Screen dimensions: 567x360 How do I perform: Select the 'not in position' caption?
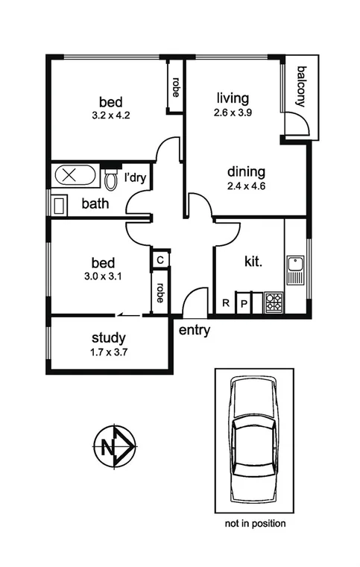(255, 524)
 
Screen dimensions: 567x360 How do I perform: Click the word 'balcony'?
(301, 87)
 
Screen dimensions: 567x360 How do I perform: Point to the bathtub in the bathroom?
(74, 177)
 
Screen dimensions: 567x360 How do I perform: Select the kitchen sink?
(296, 264)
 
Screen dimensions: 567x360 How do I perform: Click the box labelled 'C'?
(160, 259)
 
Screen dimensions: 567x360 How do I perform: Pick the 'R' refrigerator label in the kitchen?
(226, 303)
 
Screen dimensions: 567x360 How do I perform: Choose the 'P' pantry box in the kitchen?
(243, 303)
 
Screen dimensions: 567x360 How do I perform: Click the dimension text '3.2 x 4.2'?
(110, 115)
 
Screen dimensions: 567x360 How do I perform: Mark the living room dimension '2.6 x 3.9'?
(232, 113)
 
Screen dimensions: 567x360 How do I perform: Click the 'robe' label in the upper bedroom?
(176, 88)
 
